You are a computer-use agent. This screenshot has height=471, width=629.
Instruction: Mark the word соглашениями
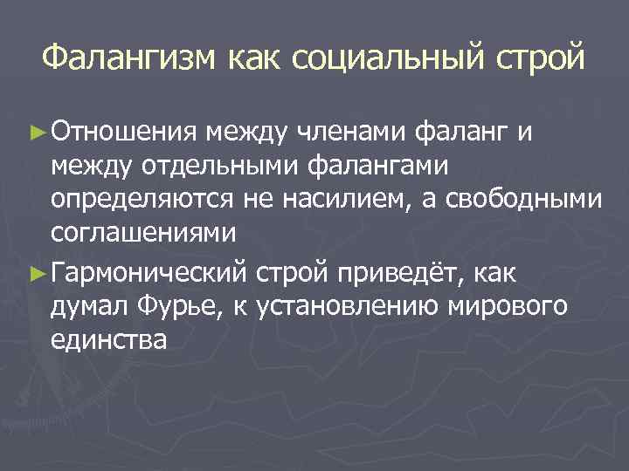point(143,234)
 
